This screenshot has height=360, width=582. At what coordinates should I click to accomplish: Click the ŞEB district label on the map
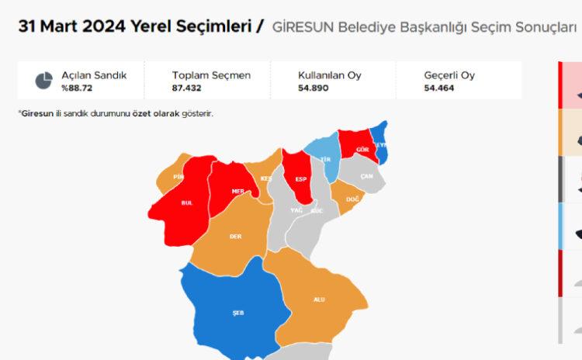(238, 313)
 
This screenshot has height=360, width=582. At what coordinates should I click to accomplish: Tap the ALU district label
(319, 299)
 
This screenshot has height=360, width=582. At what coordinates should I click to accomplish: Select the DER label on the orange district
(235, 237)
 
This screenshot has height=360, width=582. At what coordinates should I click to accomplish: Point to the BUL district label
(186, 202)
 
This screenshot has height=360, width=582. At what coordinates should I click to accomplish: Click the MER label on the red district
(240, 191)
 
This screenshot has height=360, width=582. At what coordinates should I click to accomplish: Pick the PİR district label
(178, 178)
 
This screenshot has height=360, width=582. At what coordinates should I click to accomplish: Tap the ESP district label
(300, 179)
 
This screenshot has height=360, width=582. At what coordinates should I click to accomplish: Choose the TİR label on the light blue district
(326, 158)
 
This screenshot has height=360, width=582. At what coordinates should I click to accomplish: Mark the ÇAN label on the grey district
(367, 176)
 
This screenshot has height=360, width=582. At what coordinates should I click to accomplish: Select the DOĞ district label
(352, 199)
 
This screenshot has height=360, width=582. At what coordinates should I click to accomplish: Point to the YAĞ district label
(296, 210)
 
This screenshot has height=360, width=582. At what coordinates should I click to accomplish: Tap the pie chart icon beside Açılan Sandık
(43, 81)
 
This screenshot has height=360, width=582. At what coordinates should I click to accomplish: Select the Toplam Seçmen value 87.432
(187, 88)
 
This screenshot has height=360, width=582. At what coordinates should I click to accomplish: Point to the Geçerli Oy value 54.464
(439, 88)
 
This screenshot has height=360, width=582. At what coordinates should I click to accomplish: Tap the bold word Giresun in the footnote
(36, 113)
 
